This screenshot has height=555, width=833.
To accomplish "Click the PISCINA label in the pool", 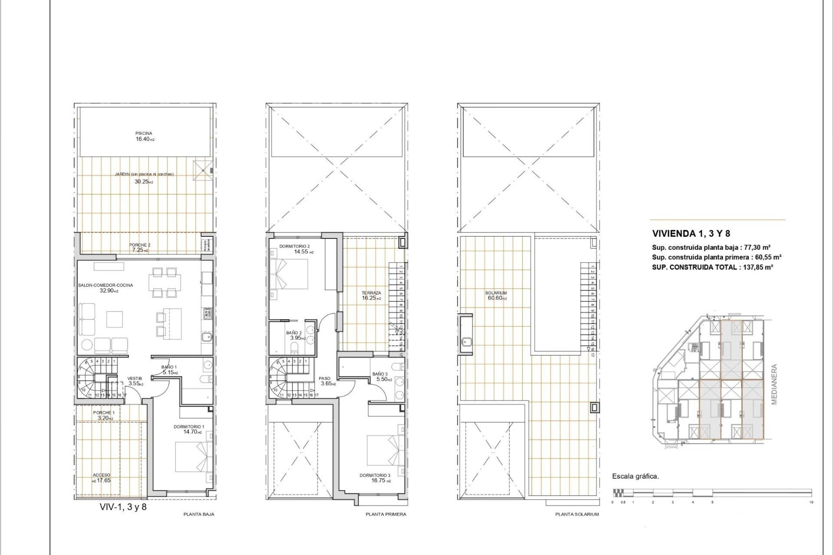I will [144, 133].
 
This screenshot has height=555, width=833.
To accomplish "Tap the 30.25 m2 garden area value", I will [144, 182].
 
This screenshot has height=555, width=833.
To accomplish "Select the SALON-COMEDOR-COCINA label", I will [105, 285].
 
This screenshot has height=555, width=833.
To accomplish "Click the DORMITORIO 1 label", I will [189, 427].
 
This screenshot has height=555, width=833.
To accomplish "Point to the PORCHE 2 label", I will [140, 245].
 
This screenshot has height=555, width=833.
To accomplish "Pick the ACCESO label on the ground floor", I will [102, 475].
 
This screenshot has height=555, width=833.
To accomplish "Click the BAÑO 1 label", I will [169, 367].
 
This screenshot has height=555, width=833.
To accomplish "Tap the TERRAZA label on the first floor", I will [371, 293].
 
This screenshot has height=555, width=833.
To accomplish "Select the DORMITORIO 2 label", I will [294, 246].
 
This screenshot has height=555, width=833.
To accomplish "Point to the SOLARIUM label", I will [496, 293].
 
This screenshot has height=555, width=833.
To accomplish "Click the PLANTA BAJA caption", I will [199, 514].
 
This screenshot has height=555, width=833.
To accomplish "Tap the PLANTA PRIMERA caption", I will [386, 514].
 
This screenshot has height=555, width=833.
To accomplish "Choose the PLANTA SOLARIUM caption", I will [577, 514].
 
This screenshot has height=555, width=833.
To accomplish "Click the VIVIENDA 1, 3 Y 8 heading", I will [691, 234].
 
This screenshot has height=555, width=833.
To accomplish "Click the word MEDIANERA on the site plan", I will [774, 384].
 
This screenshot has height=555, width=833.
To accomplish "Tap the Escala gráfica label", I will [635, 476].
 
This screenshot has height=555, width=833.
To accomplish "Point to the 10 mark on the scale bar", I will [811, 502].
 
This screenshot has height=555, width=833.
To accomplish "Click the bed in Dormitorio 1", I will [193, 457].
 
